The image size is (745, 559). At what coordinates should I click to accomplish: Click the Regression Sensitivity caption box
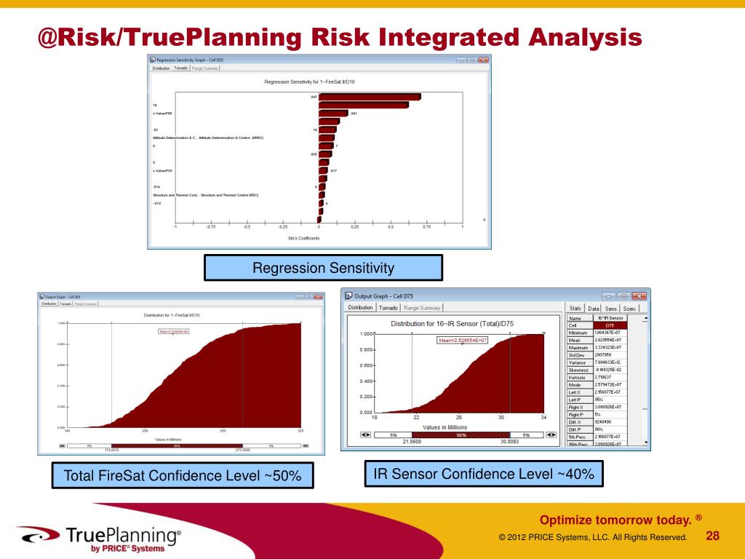pos(323,268)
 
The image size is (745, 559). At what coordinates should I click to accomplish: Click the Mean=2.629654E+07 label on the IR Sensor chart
pos(462,340)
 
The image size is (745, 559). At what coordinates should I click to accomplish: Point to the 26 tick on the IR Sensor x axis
pos(459,417)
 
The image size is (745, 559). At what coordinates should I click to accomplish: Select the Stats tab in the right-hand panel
pos(575,309)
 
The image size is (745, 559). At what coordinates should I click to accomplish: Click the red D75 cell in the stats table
pos(610,325)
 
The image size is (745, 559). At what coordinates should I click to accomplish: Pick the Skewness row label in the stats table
pos(579,370)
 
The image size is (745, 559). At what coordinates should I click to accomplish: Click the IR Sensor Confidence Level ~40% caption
pos(484,475)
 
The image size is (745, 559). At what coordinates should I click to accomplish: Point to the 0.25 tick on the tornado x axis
pos(354,226)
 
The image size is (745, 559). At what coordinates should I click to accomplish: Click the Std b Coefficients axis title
pos(303,238)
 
